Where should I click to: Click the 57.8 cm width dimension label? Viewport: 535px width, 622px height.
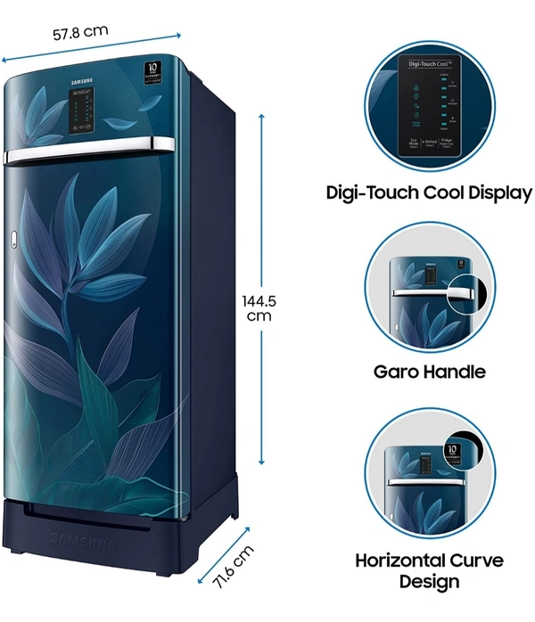(80, 32)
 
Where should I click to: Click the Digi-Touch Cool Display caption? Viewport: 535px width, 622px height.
(428, 192)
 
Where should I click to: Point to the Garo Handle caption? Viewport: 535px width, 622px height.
(429, 372)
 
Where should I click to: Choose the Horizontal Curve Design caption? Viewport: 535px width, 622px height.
(429, 570)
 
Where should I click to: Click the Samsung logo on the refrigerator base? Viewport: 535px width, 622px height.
(83, 540)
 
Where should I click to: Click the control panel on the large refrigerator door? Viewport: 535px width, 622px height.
(86, 111)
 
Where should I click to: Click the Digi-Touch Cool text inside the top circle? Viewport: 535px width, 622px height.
(427, 65)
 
